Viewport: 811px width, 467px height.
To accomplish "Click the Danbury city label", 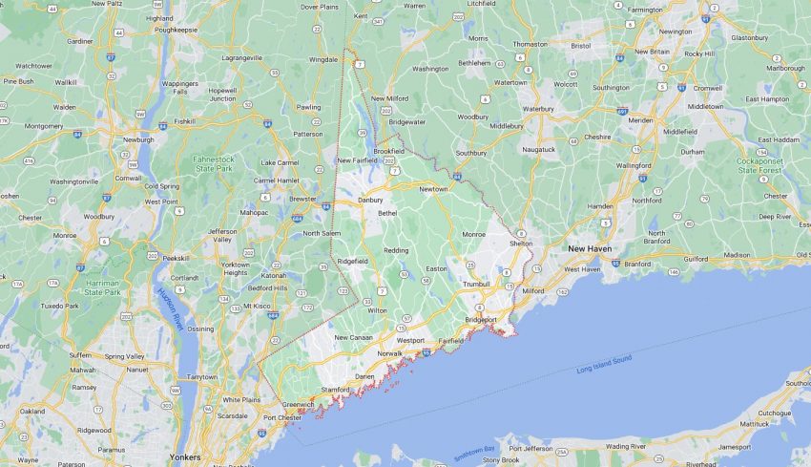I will [369, 200].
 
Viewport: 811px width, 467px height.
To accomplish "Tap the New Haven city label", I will [590, 248].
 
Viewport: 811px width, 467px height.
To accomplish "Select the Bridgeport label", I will [481, 319].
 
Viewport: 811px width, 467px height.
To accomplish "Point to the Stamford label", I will [335, 390].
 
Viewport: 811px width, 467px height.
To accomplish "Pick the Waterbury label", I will [537, 109].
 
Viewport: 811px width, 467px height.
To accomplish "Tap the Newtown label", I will [432, 189].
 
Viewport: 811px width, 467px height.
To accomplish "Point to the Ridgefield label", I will [352, 261].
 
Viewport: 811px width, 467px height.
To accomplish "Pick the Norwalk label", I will [390, 353].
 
